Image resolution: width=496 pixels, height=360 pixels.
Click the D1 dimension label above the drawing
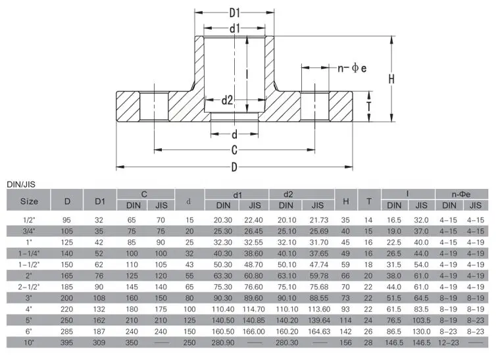coord(234,13)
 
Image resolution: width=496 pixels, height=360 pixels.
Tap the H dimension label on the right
coord(391,79)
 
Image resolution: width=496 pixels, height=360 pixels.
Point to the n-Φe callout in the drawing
coord(352,68)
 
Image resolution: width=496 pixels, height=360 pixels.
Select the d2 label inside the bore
coord(227,101)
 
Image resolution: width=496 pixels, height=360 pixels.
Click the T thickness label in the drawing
coord(369,107)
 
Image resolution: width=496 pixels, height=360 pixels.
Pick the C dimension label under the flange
coord(234,150)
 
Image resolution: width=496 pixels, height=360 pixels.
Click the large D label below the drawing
coord(234,167)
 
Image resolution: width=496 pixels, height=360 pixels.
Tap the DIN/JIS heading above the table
coord(21,185)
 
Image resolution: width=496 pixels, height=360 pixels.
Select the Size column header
coord(29,201)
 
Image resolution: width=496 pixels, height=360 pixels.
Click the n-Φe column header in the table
coord(461,194)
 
